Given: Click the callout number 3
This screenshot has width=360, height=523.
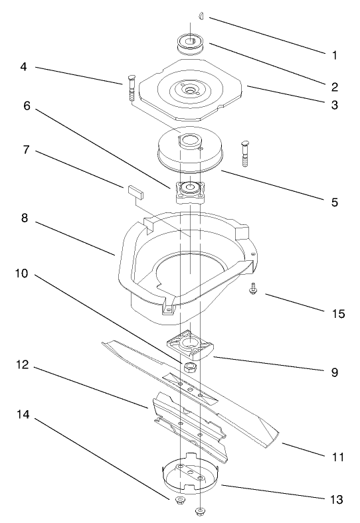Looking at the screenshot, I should pos(333,105).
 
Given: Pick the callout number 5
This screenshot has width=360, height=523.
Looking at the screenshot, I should pos(333,201).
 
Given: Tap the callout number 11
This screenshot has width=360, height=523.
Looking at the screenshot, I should pos(339,457).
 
